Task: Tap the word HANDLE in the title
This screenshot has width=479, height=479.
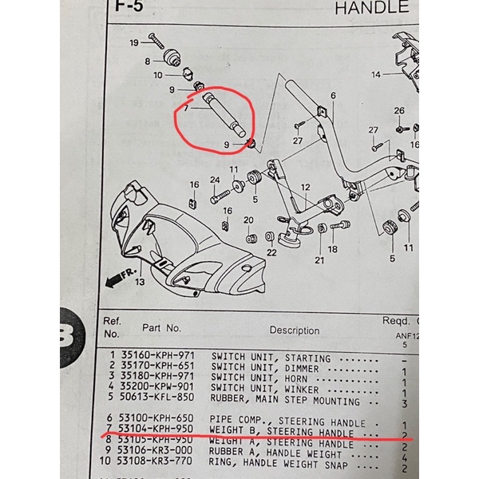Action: click(371, 10)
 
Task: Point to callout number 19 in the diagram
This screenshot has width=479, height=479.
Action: click(134, 42)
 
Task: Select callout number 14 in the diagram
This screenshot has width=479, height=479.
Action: click(375, 75)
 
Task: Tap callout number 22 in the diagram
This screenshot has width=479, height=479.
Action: click(271, 252)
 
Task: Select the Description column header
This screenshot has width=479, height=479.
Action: click(294, 330)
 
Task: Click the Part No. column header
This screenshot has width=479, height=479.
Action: click(162, 327)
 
